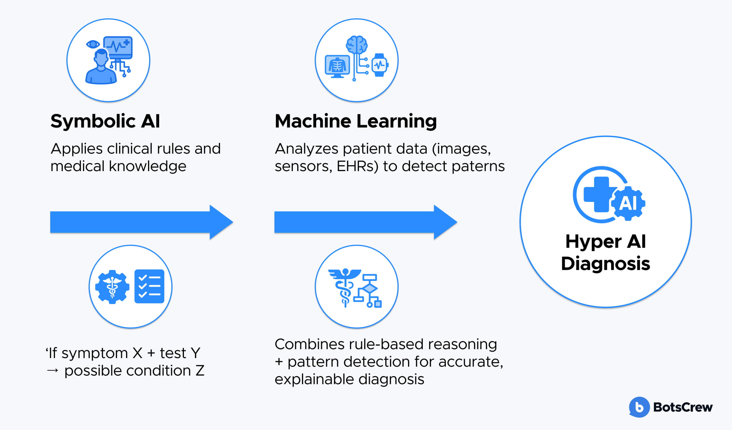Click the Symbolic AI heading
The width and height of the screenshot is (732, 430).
(105, 121)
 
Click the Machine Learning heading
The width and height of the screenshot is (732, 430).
(356, 121)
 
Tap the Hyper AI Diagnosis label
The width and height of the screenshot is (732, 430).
(605, 252)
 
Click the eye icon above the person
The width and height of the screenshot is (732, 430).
(93, 44)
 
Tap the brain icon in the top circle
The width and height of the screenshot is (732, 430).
(357, 45)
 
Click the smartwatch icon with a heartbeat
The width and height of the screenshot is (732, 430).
(380, 65)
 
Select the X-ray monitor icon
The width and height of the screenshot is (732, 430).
(337, 66)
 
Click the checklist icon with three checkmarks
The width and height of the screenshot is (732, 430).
(149, 286)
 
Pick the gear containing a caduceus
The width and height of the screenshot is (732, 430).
(112, 287)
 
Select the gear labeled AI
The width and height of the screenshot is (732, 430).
(628, 203)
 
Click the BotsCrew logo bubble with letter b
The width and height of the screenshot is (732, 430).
(639, 407)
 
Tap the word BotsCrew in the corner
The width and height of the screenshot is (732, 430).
(683, 407)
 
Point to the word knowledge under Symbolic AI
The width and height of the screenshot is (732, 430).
(148, 166)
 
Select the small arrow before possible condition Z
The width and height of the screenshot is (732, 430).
(53, 371)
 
